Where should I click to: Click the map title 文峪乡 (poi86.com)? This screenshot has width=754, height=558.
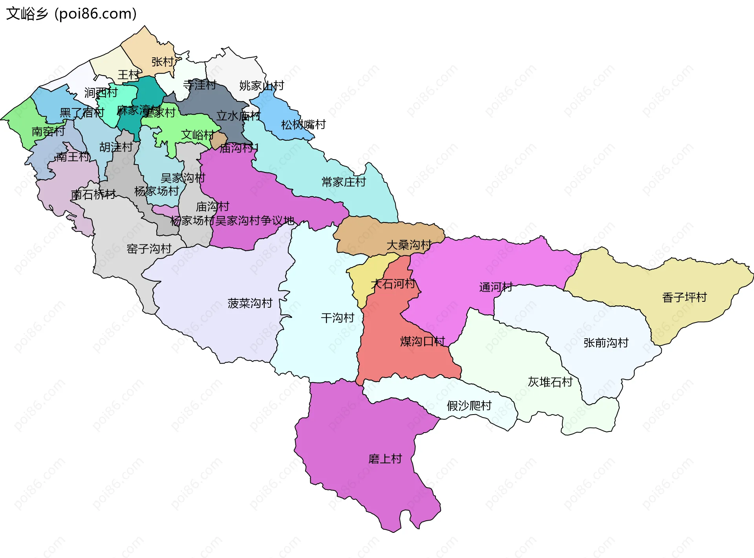71,14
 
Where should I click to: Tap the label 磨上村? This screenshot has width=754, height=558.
385,459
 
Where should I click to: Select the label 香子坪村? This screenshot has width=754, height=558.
684,297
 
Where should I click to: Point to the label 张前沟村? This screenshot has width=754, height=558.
606,343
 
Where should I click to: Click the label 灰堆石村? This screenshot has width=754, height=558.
550,382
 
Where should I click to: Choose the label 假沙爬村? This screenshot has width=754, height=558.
469,406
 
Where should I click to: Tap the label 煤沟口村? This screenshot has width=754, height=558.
422,341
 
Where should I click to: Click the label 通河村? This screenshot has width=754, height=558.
496,287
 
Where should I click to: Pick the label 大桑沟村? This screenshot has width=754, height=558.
409,245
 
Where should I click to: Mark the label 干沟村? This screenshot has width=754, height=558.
337,318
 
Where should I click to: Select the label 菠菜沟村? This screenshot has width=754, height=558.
250,303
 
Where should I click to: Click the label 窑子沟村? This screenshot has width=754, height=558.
149,248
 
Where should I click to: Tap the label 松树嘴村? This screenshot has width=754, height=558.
303,125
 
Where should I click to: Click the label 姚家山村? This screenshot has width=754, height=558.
262,85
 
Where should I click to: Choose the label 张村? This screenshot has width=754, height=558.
162,62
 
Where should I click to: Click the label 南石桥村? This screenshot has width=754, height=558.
93,194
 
